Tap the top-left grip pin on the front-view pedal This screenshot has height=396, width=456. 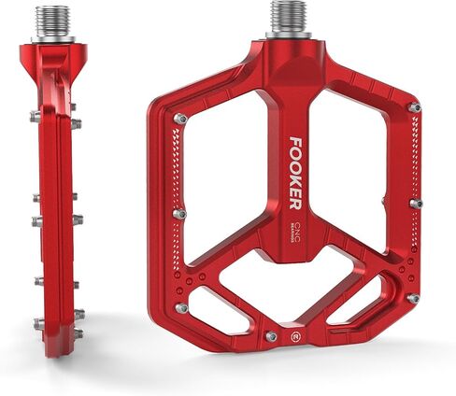click(x=180, y=120)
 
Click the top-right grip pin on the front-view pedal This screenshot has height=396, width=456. click(x=414, y=108)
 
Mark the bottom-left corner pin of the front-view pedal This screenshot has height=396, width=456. click(x=181, y=307)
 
